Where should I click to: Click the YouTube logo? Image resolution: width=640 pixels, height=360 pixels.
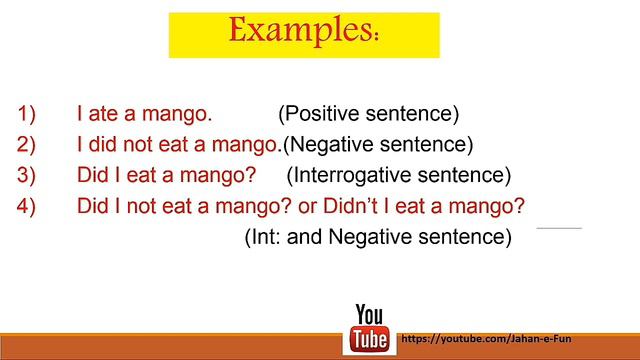(x=370, y=327)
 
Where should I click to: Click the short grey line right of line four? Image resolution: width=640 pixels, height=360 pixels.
(x=559, y=228)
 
